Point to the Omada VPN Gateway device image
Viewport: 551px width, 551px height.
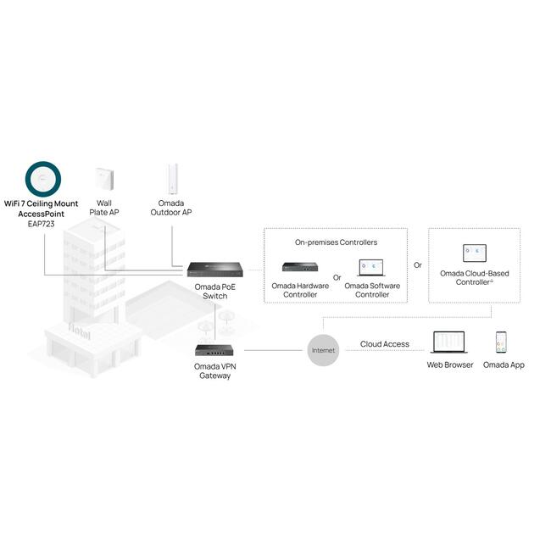pos(214,349)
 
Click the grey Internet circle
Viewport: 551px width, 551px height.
pos(324,349)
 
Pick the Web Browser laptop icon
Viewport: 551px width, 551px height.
pos(449,342)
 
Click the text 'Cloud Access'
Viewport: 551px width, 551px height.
pos(384,344)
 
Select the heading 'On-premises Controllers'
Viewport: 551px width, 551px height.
pos(336,242)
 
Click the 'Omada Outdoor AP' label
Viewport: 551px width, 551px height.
pos(173,208)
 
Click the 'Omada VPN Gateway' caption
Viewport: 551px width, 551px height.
pos(214,370)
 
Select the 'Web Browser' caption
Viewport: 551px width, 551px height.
pos(449,365)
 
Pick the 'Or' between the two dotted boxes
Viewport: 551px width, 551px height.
pos(417,265)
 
